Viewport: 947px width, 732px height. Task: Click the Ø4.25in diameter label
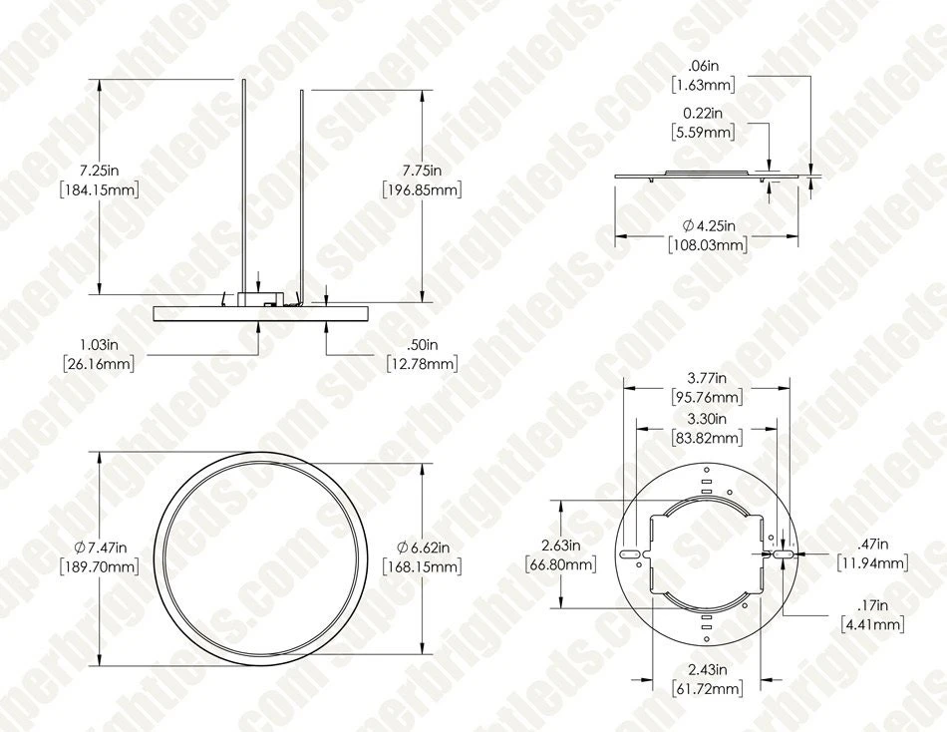[x=706, y=224]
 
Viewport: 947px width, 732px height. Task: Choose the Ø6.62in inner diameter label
[x=422, y=547]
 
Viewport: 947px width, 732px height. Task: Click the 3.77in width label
[x=706, y=377]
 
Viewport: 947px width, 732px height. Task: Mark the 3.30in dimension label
[x=706, y=418]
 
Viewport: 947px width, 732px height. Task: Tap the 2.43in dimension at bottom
[x=706, y=669]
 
